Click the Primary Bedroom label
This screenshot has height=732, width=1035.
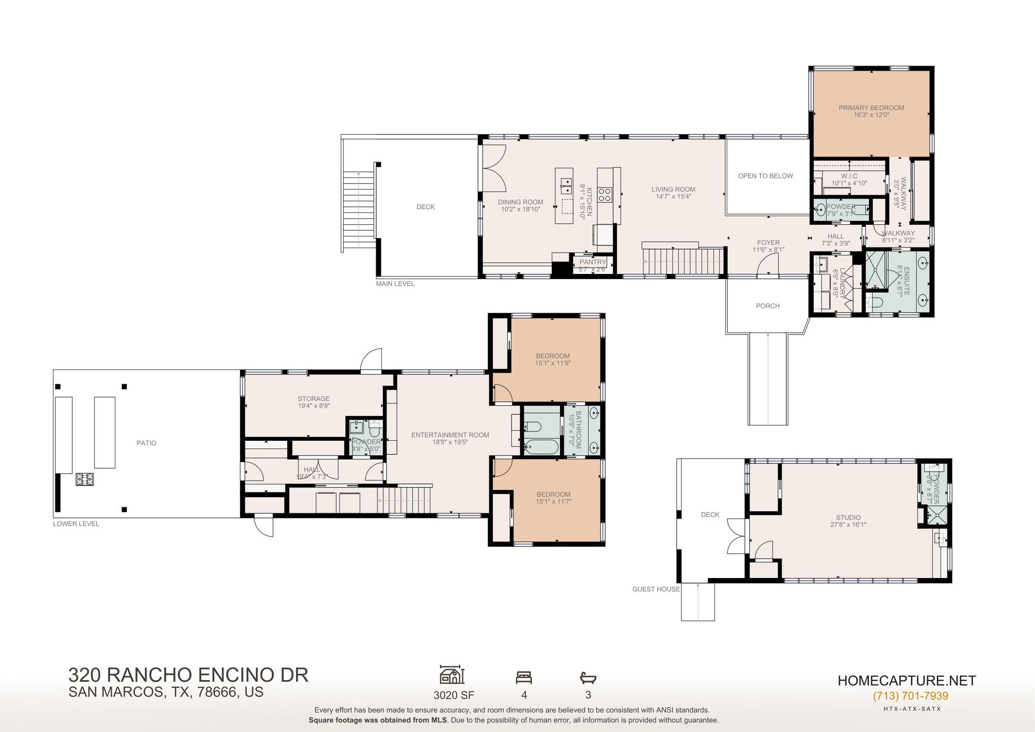(x=871, y=108)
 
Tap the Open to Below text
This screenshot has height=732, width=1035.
(x=765, y=176)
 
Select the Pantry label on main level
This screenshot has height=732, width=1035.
(x=593, y=262)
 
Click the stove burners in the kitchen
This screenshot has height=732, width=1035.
(x=605, y=195)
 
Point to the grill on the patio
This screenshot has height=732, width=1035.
(x=85, y=479)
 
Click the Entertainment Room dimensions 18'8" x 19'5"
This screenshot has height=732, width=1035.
(x=450, y=442)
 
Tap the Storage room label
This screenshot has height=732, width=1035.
(x=313, y=399)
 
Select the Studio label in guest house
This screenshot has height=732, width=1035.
(x=848, y=517)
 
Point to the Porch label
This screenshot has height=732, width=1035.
(x=767, y=306)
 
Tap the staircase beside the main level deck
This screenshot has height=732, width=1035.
(x=358, y=209)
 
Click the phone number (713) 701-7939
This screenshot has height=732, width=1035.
(x=910, y=696)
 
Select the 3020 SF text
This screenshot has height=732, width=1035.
(x=454, y=695)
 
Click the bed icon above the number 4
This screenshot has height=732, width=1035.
(x=523, y=678)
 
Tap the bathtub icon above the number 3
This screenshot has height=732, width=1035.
(x=587, y=678)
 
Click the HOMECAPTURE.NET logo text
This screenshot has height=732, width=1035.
(x=906, y=681)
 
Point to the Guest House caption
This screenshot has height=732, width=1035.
(x=656, y=589)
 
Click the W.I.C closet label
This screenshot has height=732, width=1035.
(x=849, y=176)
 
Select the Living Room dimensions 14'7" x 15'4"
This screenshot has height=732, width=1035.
(x=673, y=197)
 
